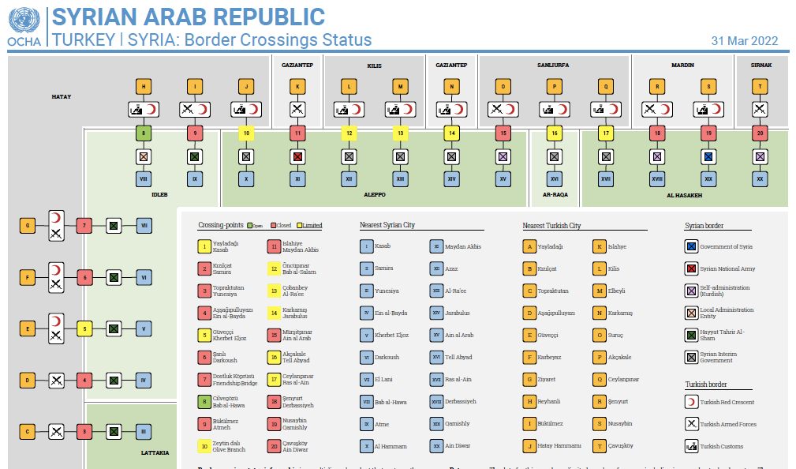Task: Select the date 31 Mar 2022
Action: click(x=744, y=41)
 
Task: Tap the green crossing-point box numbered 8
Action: click(x=144, y=133)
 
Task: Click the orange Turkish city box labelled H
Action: click(x=144, y=87)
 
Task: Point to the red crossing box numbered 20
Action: click(x=760, y=133)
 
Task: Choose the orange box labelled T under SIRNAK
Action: click(x=760, y=87)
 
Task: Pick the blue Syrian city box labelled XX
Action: click(x=760, y=179)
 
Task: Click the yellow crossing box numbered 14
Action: click(x=452, y=133)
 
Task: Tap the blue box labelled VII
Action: click(x=144, y=227)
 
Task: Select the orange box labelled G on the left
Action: click(x=28, y=227)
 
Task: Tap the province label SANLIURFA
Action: click(x=553, y=65)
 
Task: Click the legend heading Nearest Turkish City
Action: click(x=551, y=226)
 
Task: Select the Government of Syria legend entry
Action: click(x=726, y=247)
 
